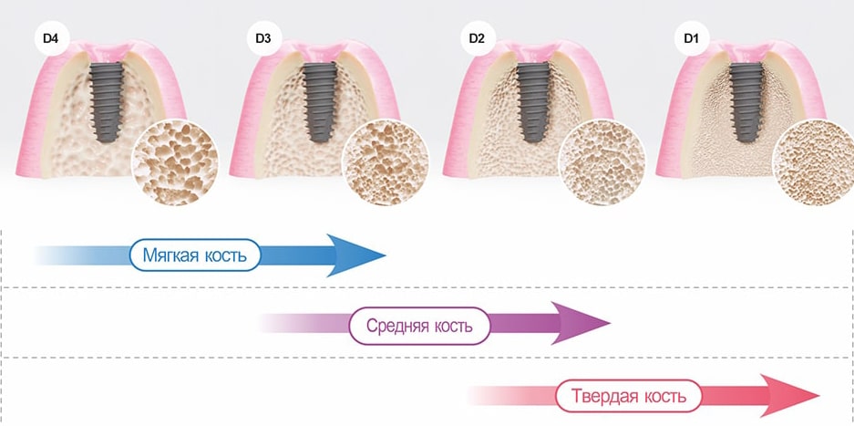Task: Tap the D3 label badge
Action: point(262,40)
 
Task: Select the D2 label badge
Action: point(477,40)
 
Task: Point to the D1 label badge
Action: point(690,40)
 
